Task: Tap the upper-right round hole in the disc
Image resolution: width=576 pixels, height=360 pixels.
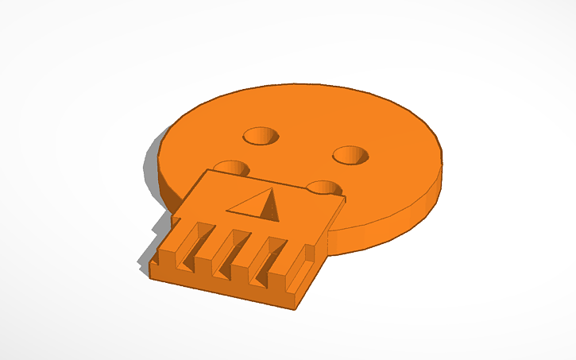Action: (350, 155)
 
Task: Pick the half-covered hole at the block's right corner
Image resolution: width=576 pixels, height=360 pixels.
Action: (324, 188)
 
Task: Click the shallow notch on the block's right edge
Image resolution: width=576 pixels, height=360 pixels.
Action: (302, 270)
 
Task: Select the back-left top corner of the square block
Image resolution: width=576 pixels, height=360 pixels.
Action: (208, 169)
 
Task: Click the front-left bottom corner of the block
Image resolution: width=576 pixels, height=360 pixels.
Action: (151, 277)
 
